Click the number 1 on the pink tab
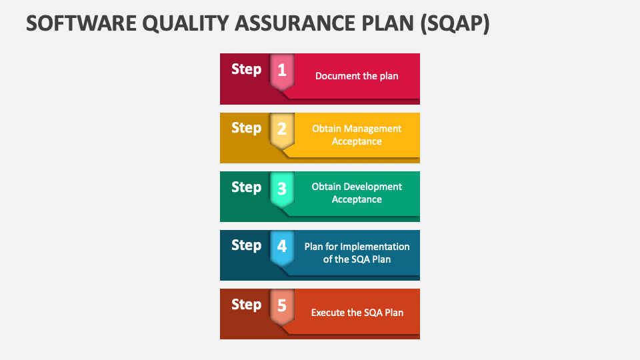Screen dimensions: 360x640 point(282,69)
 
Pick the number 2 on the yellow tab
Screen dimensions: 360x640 point(282,128)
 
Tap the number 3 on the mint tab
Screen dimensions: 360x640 point(282,187)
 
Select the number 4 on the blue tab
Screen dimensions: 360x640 point(282,246)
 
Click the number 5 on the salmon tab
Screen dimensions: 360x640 point(282,305)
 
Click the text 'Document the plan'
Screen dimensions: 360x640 point(357,76)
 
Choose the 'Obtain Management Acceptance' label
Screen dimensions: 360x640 point(357,135)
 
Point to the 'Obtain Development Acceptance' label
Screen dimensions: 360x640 point(357,193)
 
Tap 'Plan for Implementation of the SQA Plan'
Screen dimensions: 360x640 point(357,253)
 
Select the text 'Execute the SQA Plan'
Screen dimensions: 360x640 point(357,312)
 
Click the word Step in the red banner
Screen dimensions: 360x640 point(246,69)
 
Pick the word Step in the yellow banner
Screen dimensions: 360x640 point(246,127)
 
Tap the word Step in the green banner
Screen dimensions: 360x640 point(246,187)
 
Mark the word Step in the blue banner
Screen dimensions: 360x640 point(246,245)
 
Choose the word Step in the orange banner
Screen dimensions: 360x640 point(246,304)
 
